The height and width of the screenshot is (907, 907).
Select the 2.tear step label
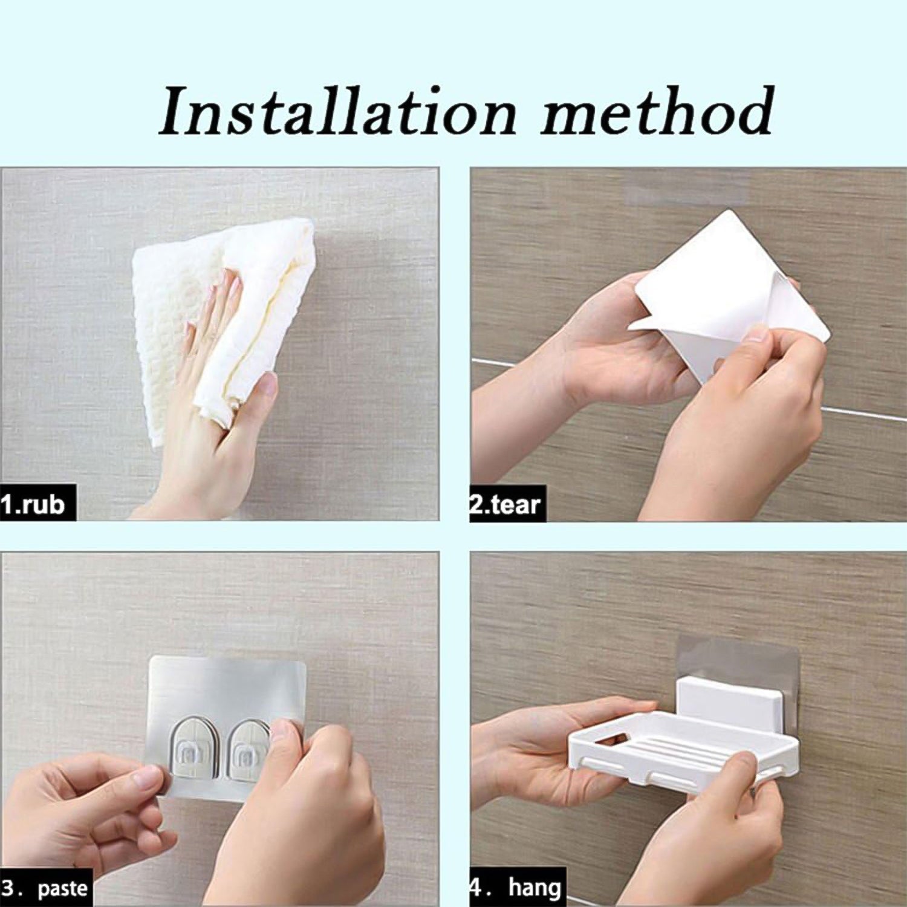(x=507, y=503)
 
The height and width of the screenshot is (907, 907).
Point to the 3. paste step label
(x=46, y=888)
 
